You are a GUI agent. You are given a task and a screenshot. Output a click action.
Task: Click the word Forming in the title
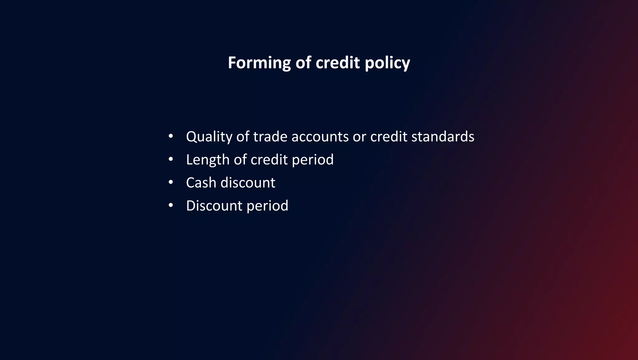[x=259, y=63]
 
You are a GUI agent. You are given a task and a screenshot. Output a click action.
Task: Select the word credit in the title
[x=338, y=63]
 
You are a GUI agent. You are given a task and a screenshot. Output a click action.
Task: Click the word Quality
[x=209, y=137]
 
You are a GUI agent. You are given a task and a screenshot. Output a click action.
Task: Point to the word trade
[x=270, y=137]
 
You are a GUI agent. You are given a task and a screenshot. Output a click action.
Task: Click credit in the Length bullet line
[x=269, y=160]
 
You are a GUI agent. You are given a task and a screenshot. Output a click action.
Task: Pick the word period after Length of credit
[x=312, y=160]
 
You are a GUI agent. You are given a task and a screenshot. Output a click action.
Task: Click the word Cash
[x=201, y=183]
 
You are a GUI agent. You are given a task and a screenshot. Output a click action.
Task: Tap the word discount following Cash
[x=248, y=183]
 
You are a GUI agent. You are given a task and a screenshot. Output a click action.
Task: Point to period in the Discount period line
[x=267, y=206]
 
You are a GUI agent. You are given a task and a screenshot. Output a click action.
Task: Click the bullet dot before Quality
[x=170, y=136]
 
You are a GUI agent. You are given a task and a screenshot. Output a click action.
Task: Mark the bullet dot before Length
[x=170, y=159]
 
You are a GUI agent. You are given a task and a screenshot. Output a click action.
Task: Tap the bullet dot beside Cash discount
[x=170, y=182]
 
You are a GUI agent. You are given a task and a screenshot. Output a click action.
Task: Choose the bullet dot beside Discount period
[x=170, y=205]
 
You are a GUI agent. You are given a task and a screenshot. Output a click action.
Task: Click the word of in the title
[x=303, y=63]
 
